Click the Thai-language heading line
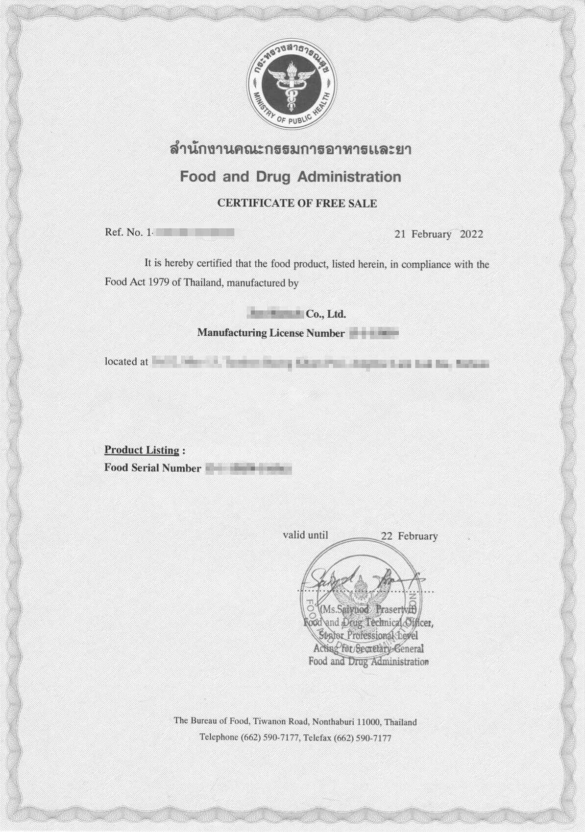click(290, 149)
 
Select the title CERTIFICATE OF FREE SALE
click(297, 204)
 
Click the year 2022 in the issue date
click(471, 234)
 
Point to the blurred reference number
click(193, 232)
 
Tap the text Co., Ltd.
click(326, 314)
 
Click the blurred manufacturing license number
click(373, 334)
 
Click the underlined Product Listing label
click(142, 450)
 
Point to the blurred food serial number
click(248, 469)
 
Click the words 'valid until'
click(305, 535)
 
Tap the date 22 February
click(409, 536)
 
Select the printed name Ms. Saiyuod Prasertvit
click(367, 610)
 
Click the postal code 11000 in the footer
click(371, 722)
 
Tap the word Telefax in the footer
click(317, 738)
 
